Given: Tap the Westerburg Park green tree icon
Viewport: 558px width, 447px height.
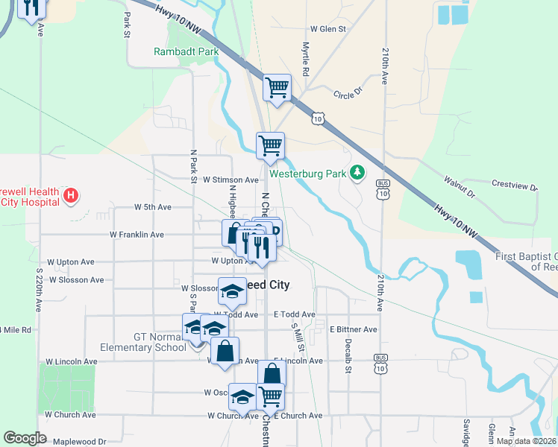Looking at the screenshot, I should point(358,174).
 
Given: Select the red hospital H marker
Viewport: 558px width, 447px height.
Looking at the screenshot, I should point(71,196).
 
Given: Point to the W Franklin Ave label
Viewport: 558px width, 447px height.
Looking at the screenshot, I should point(137,235).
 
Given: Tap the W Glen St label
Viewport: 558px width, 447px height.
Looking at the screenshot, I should point(329,29).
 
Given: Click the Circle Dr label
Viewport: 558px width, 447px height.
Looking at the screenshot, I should point(348,94).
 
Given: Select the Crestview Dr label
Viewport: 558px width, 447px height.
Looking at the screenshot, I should point(514,184).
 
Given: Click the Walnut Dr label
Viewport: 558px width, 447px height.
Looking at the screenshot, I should point(459,186).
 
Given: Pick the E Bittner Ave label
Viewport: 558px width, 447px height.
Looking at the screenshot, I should point(354,329).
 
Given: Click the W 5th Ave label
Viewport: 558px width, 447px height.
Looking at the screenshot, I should point(153,207).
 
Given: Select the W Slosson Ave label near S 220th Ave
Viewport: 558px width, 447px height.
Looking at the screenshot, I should point(77,280).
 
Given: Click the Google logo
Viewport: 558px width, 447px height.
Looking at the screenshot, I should point(25,438).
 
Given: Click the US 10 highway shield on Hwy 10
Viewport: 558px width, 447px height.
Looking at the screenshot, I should point(319,118).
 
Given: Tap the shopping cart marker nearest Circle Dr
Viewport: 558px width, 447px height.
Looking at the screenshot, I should point(277,88).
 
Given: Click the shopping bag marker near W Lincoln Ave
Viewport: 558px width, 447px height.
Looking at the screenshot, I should point(224,351).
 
